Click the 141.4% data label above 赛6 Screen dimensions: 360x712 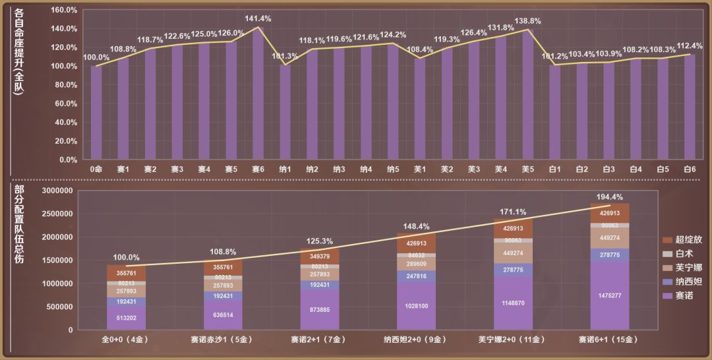(258, 19)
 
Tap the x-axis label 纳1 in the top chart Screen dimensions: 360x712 (285, 169)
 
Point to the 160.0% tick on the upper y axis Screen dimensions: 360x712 (64, 11)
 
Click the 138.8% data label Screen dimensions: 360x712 (527, 21)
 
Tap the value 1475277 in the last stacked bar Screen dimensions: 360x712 (610, 295)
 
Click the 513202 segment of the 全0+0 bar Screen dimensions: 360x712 (127, 318)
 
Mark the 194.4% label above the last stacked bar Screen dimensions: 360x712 (610, 197)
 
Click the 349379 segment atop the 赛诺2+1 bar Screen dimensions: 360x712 (320, 256)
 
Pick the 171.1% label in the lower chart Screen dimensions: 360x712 (513, 212)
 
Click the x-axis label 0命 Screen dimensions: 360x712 (96, 169)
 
